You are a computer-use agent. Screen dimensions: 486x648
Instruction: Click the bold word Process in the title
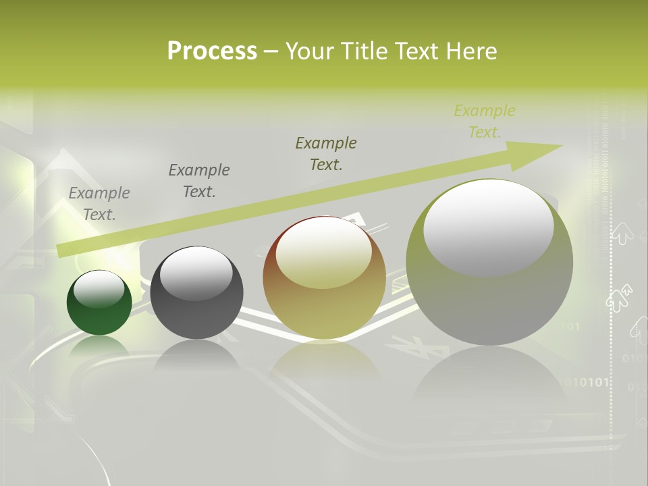pos(212,51)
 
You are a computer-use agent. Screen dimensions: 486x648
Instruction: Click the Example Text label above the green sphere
pos(99,204)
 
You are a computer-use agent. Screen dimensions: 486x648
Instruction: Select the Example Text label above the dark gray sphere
pos(199,181)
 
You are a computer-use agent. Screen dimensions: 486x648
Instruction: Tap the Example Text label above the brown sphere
pos(326,153)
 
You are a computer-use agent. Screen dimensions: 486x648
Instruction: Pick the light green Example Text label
pos(485,122)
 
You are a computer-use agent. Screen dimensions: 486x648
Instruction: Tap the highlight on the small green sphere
pos(99,288)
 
